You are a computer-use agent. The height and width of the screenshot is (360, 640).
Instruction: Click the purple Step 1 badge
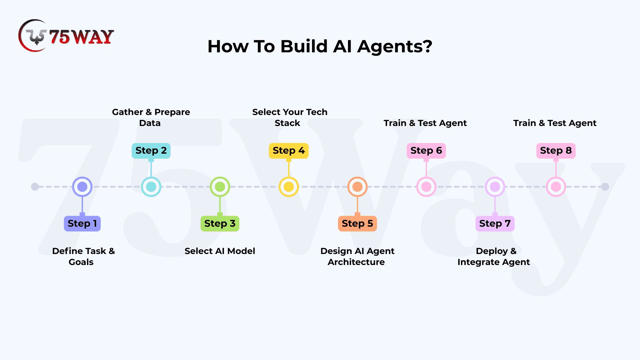82,223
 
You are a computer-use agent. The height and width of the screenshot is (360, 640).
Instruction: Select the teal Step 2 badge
151,151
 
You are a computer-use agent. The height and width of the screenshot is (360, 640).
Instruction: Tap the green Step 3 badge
220,223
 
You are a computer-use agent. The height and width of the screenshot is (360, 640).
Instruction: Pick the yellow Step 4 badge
289,151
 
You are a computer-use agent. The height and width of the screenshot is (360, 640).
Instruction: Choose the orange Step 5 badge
357,223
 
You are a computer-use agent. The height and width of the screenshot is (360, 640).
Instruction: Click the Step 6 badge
426,151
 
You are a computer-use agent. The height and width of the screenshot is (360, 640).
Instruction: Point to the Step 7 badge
495,223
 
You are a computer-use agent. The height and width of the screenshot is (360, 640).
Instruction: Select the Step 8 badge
556,151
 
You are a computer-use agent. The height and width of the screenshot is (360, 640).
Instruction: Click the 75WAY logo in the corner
66,36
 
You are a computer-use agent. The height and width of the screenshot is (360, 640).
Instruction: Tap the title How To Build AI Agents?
320,46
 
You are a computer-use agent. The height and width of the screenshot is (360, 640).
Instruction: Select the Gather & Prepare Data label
151,117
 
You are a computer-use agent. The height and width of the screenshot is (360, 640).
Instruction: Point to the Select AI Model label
220,251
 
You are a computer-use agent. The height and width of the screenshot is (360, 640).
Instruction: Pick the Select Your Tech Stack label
289,117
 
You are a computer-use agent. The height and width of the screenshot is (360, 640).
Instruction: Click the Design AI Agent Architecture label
357,256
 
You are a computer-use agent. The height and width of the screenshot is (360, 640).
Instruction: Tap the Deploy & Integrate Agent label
494,256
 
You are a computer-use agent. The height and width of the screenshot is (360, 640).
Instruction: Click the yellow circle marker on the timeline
289,187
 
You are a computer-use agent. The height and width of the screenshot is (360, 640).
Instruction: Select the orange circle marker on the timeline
357,187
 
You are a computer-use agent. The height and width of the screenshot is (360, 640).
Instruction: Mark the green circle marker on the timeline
220,187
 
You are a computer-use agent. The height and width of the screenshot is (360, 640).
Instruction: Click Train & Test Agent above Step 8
555,123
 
